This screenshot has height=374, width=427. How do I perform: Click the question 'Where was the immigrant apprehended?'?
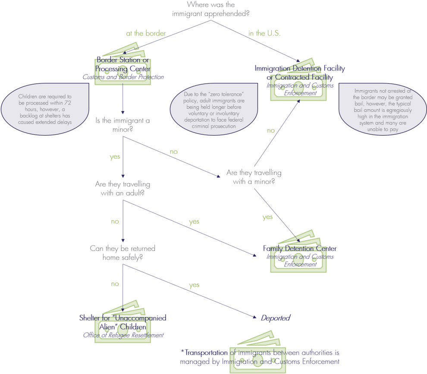click(211, 9)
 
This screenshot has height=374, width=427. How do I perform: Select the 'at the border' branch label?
click(146, 33)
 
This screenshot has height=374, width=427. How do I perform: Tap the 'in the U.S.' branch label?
click(264, 33)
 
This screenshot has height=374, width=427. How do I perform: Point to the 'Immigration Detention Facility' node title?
click(299, 68)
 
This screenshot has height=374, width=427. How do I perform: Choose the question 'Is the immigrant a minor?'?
click(122, 124)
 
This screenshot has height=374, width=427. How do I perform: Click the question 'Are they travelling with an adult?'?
click(122, 189)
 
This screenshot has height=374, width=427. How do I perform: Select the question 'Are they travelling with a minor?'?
click(254, 177)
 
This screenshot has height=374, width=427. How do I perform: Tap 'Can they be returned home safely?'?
click(122, 253)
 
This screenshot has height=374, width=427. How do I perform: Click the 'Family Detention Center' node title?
click(299, 248)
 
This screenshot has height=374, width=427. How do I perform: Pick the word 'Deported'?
click(275, 318)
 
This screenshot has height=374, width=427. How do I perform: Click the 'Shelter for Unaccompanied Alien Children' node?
click(123, 322)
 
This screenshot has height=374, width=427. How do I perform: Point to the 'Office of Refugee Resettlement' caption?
click(123, 335)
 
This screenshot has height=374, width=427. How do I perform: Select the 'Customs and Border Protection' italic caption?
click(123, 77)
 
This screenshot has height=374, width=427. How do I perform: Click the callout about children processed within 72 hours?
click(45, 109)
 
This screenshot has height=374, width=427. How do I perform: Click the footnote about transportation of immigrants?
click(260, 357)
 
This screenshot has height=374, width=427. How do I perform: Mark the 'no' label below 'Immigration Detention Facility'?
click(270, 131)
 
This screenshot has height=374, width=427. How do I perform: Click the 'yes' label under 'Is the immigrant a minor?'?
click(115, 157)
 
